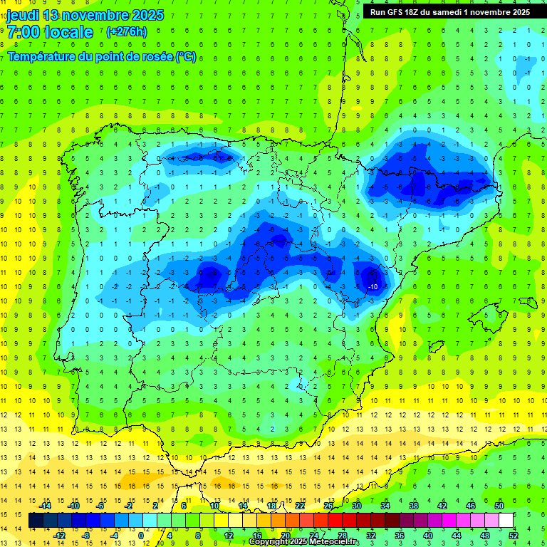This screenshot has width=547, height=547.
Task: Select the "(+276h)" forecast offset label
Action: tap(126, 32)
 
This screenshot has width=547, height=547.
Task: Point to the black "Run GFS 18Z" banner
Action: tap(449, 12)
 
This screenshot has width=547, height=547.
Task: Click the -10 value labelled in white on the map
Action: tap(373, 286)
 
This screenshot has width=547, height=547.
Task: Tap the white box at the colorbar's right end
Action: tap(506, 521)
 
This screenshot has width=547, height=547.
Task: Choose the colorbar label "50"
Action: tap(499, 506)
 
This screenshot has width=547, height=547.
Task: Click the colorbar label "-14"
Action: tap(45, 506)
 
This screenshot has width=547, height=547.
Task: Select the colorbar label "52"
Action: tap(514, 536)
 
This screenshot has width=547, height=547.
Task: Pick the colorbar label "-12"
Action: tap(59, 536)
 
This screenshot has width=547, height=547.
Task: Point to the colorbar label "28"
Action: tap(342, 536)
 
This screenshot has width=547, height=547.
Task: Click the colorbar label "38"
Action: tap(414, 506)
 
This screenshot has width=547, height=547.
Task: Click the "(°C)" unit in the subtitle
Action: tap(185, 56)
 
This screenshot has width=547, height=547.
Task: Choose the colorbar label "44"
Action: tap(457, 536)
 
